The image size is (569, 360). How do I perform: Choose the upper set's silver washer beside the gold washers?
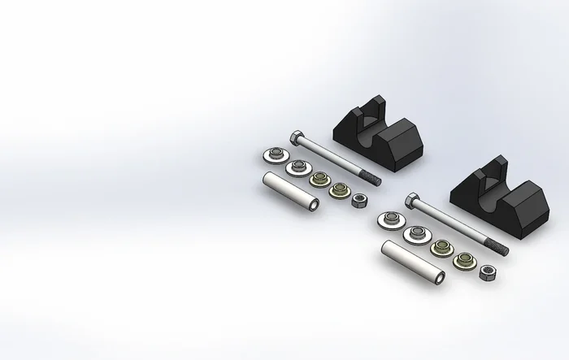tap(297, 167)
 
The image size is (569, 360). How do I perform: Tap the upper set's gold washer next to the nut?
tap(337, 192)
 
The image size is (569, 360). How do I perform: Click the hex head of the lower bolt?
tap(412, 198)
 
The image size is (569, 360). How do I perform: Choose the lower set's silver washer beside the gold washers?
tap(417, 233)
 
